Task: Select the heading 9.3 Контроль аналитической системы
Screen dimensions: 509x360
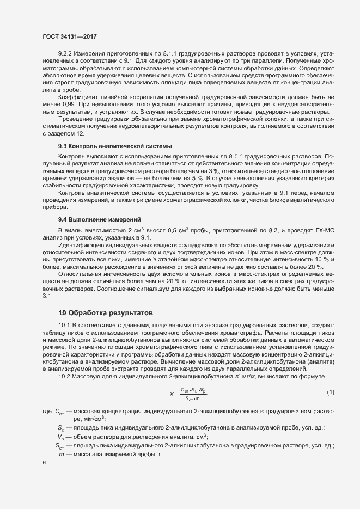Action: [114, 146]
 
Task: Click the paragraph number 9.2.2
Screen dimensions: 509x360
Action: [67, 54]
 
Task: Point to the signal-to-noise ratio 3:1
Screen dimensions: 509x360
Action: [47, 296]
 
